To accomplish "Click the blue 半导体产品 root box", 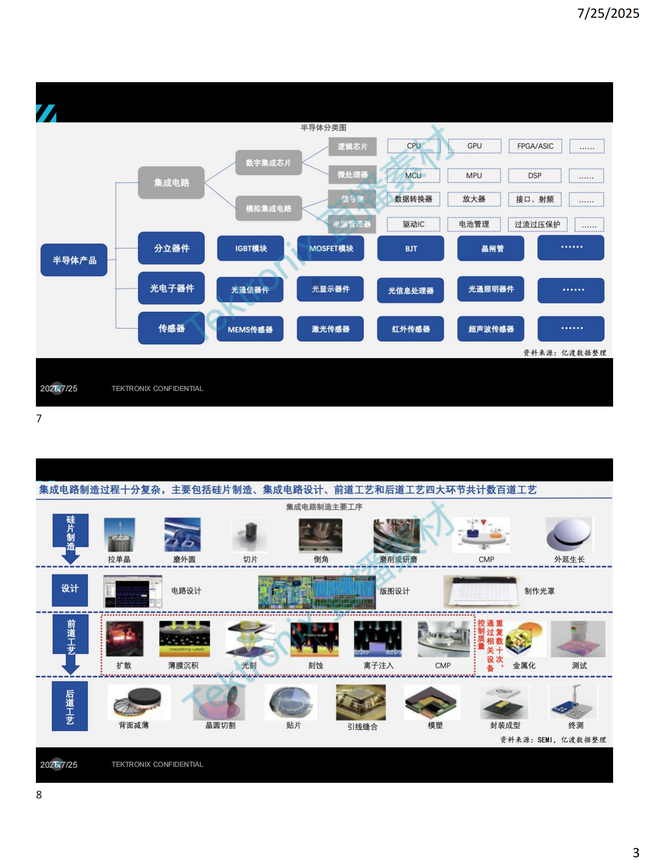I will pyautogui.click(x=74, y=260).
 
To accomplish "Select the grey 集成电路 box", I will pyautogui.click(x=171, y=183).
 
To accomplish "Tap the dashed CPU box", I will pyautogui.click(x=413, y=146).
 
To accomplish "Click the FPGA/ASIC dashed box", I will pyautogui.click(x=535, y=146).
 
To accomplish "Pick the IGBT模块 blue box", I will pyautogui.click(x=251, y=248).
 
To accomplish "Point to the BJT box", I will pyautogui.click(x=411, y=248).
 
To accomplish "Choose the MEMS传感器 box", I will pyautogui.click(x=250, y=329).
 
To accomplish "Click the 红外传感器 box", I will pyautogui.click(x=411, y=329).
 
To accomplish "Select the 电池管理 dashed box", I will pyautogui.click(x=474, y=224).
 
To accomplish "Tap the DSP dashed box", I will pyautogui.click(x=534, y=176).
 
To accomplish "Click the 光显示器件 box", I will pyautogui.click(x=330, y=289).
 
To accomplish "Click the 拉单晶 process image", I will pyautogui.click(x=119, y=535).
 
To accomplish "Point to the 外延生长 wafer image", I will pyautogui.click(x=569, y=535).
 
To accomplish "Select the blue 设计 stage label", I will pyautogui.click(x=70, y=589).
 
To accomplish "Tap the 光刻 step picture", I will pyautogui.click(x=249, y=639).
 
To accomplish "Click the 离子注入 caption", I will pyautogui.click(x=378, y=666).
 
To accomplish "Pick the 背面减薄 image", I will pyautogui.click(x=138, y=702).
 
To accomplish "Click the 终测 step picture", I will pyautogui.click(x=574, y=702).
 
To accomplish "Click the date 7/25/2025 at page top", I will pyautogui.click(x=608, y=13).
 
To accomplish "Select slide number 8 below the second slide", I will pyautogui.click(x=39, y=795).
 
